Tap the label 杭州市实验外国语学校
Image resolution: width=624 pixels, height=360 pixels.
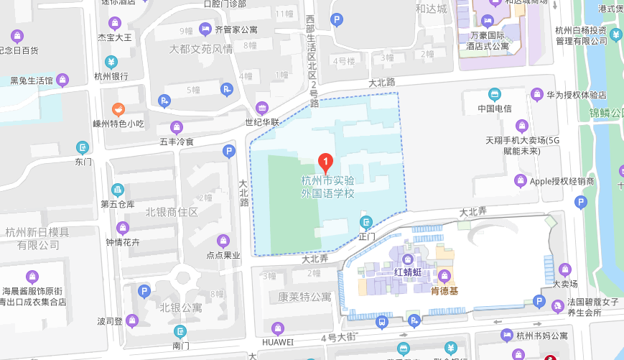[327, 187]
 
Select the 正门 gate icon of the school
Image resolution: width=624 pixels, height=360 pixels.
[367, 222]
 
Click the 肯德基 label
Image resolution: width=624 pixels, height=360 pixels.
[444, 291]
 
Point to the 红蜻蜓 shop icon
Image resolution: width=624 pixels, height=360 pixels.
[407, 259]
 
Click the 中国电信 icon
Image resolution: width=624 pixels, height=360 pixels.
[494, 94]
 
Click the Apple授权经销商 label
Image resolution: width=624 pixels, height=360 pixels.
[562, 181]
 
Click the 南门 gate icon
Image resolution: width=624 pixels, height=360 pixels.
[180, 331]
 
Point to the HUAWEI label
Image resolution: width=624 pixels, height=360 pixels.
[278, 341]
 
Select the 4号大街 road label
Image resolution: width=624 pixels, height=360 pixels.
[338, 336]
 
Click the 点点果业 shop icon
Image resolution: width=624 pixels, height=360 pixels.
[223, 240]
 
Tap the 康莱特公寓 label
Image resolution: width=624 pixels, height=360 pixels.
[305, 296]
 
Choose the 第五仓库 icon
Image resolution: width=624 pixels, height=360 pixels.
[118, 190]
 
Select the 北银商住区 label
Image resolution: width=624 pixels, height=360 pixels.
[171, 212]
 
